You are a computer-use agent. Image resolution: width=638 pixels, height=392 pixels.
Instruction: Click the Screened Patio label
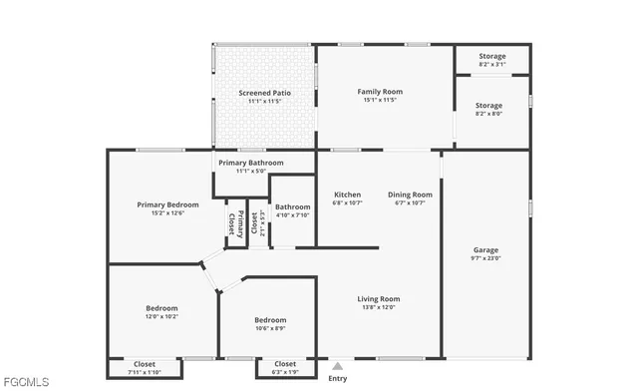263,93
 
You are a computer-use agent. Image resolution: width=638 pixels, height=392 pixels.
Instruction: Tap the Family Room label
378,92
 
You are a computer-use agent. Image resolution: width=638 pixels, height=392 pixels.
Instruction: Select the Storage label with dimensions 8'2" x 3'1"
490,57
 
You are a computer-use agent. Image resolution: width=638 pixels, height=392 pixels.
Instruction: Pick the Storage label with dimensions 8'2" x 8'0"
488,105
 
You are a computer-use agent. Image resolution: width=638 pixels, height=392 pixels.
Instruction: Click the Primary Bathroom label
251,163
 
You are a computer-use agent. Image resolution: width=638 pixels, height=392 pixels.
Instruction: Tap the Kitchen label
347,195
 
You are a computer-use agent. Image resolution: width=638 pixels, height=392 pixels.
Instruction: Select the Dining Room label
410,195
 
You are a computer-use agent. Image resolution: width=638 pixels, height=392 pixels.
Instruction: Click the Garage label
485,249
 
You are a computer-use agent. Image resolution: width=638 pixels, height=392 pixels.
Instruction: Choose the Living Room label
378,298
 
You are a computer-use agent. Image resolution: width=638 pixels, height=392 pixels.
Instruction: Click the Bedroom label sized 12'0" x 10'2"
161,308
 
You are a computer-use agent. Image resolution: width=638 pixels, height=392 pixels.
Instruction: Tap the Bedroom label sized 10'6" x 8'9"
269,320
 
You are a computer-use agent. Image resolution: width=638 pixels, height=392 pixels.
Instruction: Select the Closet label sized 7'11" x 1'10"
145,364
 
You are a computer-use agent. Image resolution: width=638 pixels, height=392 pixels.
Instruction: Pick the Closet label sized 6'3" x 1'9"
285,364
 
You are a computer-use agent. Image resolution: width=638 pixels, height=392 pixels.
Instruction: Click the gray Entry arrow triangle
337,366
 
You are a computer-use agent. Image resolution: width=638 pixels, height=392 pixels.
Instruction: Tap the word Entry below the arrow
338,378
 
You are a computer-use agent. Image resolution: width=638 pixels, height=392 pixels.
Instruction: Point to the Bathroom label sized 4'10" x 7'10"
292,206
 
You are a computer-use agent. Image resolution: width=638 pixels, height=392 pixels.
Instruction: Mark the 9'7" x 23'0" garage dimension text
485,258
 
